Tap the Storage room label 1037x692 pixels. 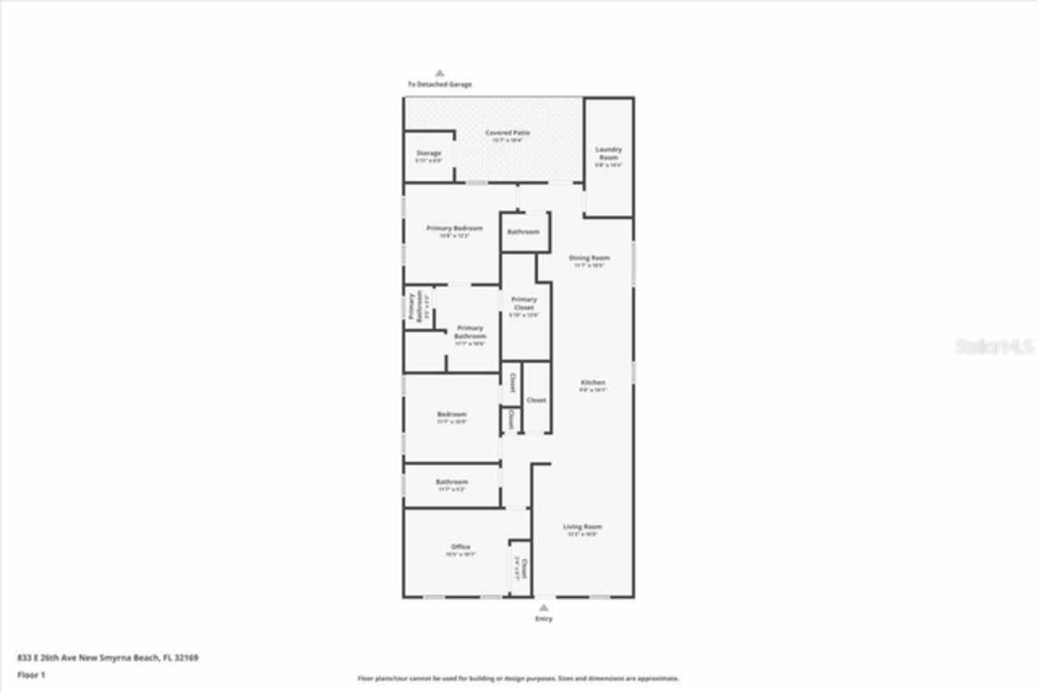429,153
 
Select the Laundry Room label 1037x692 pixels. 608,153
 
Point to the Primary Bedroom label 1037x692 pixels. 454,229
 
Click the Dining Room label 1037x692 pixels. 590,258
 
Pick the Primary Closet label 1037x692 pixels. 523,303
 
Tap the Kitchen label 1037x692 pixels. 593,382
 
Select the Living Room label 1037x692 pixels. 582,527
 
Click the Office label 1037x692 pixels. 460,547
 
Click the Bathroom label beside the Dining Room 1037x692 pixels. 523,232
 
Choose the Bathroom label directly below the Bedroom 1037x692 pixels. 451,481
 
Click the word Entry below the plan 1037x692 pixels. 544,619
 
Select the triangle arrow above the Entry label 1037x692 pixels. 544,607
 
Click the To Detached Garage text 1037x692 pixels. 439,84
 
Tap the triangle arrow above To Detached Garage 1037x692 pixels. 440,72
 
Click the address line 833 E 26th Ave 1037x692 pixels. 108,658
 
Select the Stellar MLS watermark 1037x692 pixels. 994,347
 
